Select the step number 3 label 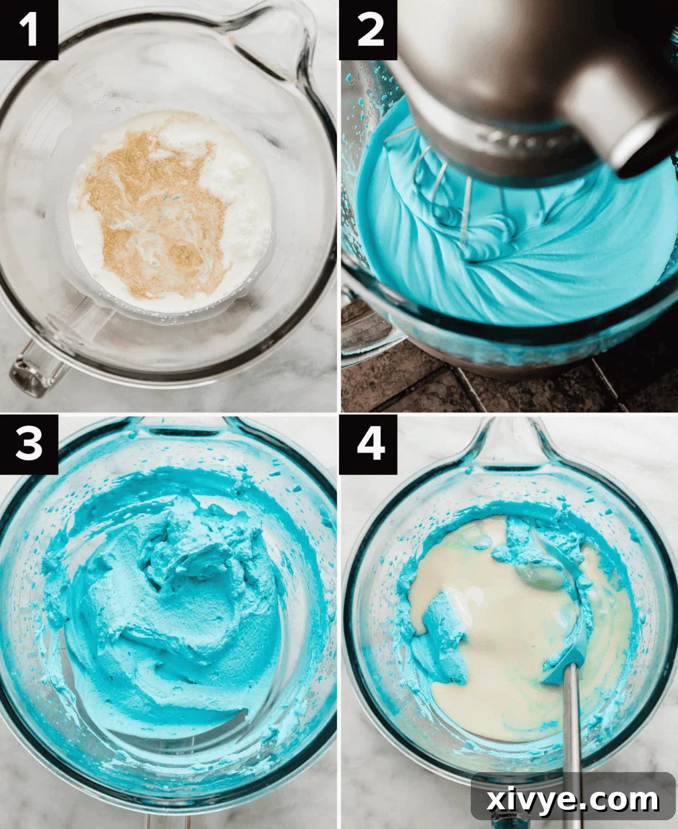[x=28, y=443]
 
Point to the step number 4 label [x=369, y=443]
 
